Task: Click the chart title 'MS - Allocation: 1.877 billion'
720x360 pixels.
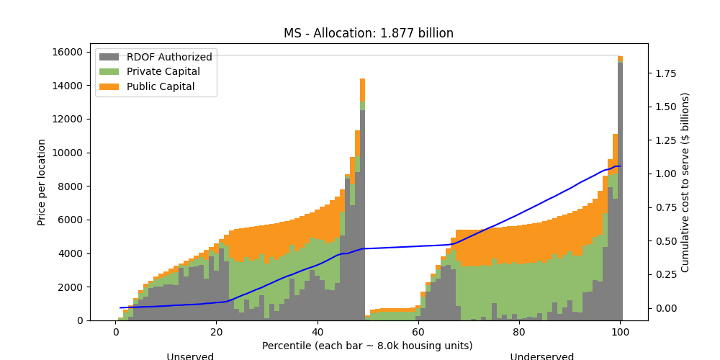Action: click(x=368, y=33)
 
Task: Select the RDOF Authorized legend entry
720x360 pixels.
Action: click(x=169, y=57)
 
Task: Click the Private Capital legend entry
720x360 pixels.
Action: click(x=163, y=72)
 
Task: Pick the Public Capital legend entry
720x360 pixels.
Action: click(x=161, y=87)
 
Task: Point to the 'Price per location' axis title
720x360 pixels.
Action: click(x=42, y=182)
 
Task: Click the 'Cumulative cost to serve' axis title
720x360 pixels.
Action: click(x=685, y=182)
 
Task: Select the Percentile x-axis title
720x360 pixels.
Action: click(x=368, y=346)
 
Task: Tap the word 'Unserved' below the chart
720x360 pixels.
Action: click(x=190, y=356)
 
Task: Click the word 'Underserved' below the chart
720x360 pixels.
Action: click(x=541, y=356)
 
